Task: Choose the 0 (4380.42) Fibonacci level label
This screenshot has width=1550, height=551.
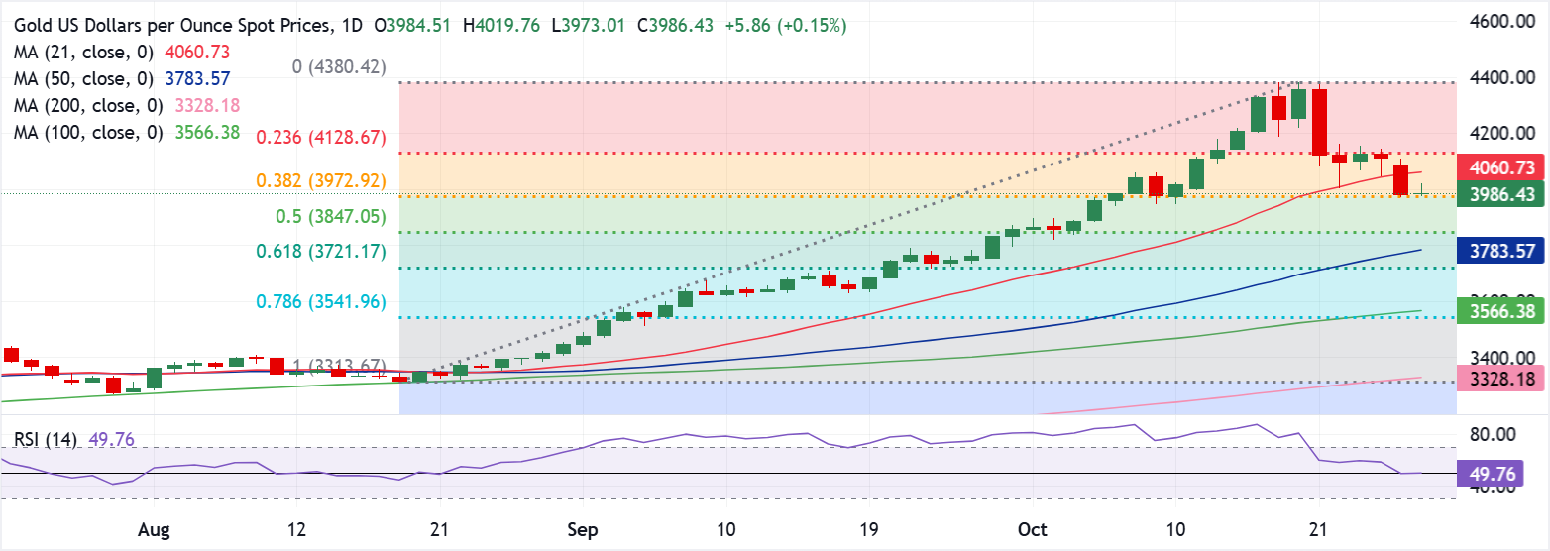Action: (340, 67)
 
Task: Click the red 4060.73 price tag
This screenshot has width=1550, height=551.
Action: (1503, 169)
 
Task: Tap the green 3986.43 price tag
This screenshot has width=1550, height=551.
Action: (1503, 195)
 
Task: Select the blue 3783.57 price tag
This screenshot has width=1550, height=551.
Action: (1503, 251)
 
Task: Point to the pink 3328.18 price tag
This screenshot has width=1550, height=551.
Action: (1503, 380)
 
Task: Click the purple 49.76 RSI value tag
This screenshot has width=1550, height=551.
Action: (1503, 474)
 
